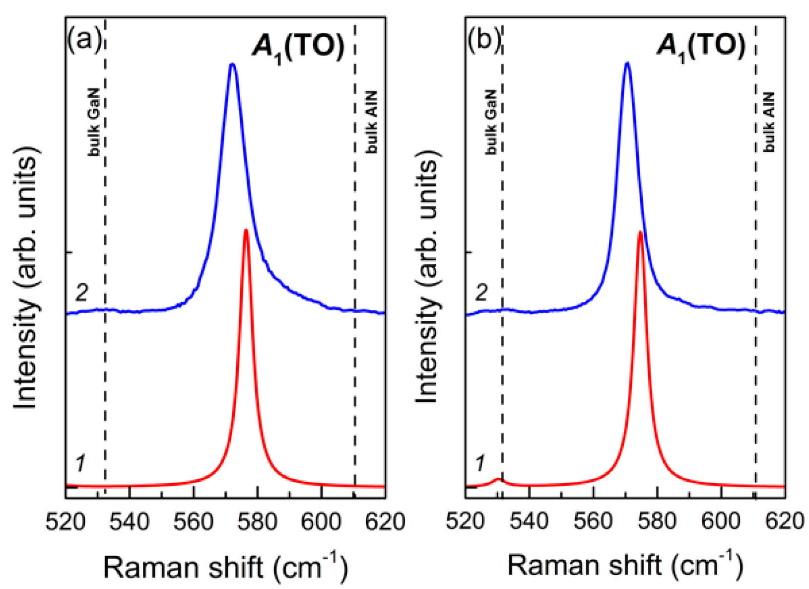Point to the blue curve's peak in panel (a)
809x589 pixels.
[x=232, y=64]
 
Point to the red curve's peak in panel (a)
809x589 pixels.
[x=246, y=230]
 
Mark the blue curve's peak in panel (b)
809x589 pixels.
[x=627, y=63]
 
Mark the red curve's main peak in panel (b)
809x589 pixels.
[x=640, y=232]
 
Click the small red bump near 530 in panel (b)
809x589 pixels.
[x=499, y=479]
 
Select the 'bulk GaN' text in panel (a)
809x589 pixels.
[x=94, y=122]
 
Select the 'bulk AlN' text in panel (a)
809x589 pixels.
[x=371, y=122]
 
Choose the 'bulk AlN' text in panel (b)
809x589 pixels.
[x=769, y=122]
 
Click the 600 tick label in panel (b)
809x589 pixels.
[x=721, y=521]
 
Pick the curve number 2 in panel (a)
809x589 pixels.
[x=82, y=293]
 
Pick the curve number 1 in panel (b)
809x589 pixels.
[x=480, y=463]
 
